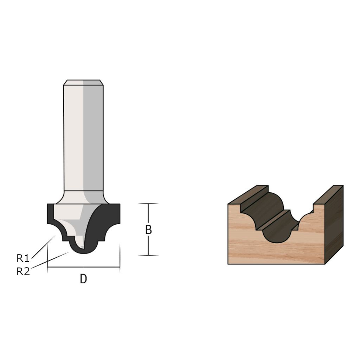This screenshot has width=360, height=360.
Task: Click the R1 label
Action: [23, 258]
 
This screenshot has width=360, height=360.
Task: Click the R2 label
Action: [23, 272]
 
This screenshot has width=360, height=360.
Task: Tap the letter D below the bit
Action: [84, 279]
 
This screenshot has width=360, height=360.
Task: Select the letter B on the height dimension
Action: [149, 230]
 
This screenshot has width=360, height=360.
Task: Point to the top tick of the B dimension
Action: [148, 204]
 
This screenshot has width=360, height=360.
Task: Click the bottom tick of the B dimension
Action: [148, 255]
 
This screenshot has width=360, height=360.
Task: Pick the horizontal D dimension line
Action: [84, 267]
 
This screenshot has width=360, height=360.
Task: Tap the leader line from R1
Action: [43, 247]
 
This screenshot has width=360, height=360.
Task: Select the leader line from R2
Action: [50, 260]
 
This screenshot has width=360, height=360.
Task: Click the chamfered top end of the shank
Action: [83, 82]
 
